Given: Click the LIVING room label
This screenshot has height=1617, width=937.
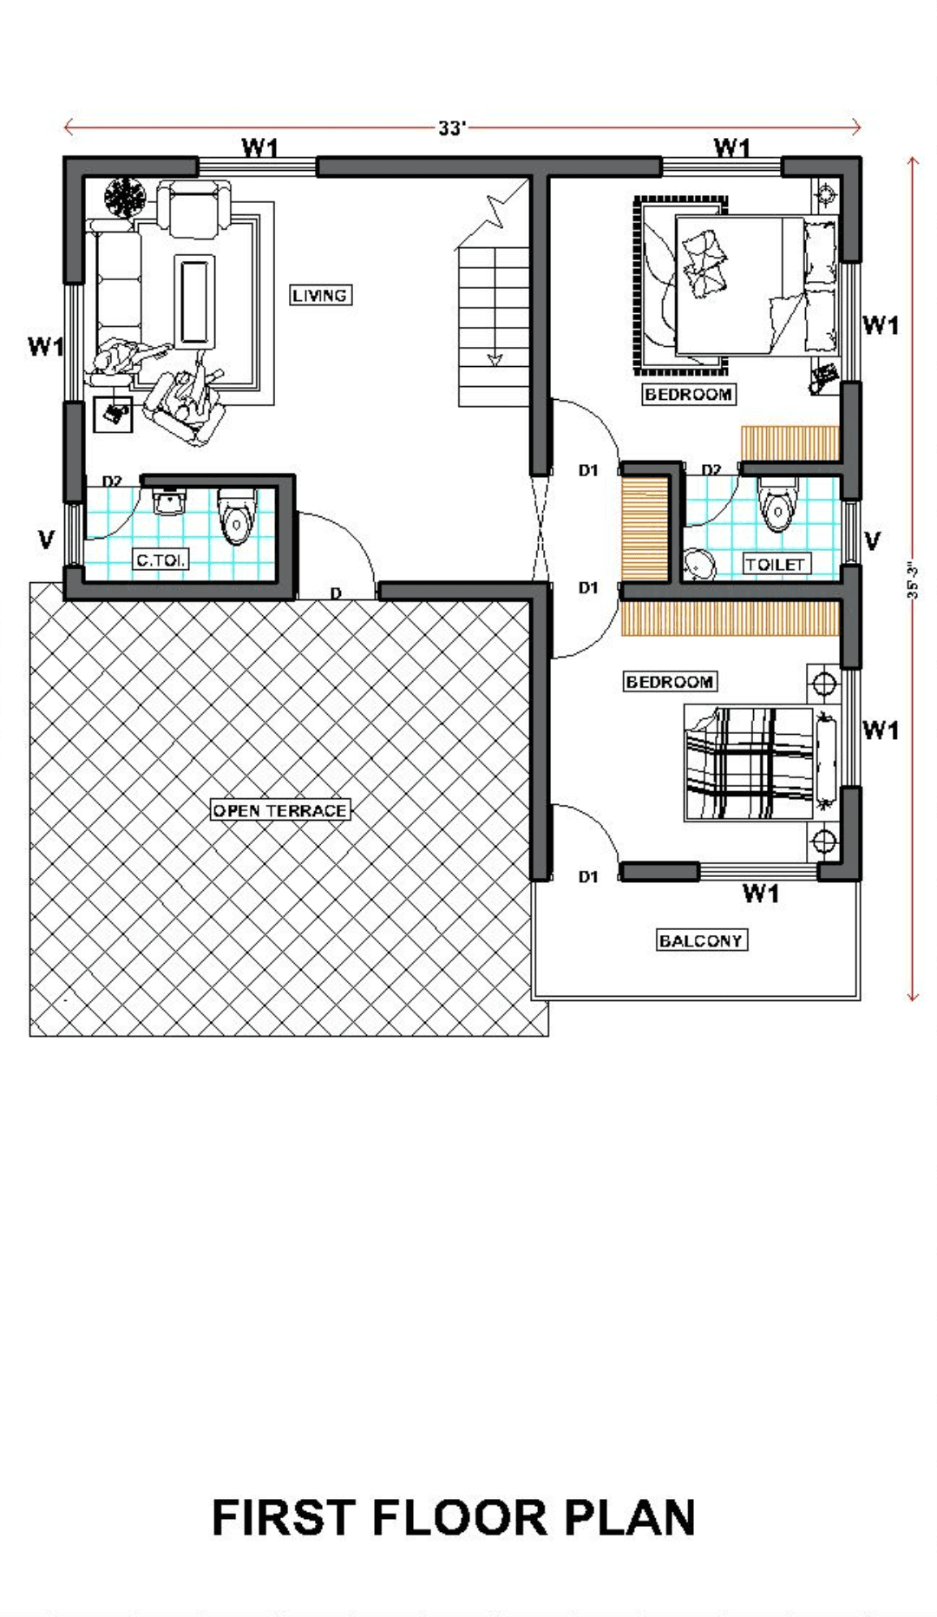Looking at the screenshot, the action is point(320,296).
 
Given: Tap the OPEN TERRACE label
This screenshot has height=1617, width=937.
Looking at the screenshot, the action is point(280,810).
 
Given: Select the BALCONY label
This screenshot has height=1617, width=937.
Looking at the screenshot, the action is point(701,940).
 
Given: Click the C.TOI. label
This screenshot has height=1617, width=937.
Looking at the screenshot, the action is point(161,560).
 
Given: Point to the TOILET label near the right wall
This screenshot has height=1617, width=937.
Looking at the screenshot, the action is point(776,564).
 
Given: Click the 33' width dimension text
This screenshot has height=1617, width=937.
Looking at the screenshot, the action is point(452,128).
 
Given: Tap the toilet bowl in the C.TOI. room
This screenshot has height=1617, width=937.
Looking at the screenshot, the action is point(235,516).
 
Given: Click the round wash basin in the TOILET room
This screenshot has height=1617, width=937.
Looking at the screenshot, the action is point(699,565).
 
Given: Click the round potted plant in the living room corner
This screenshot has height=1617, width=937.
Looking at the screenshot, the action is point(127,198).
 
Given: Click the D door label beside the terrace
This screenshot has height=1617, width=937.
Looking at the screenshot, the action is point(336,593).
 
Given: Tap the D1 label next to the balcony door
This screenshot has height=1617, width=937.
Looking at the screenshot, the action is point(588,877).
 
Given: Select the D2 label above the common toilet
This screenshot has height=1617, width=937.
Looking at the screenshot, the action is point(112,481).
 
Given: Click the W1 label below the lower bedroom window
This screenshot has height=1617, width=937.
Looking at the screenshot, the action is point(761,893).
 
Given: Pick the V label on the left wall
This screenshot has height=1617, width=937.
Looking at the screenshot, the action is point(46,540).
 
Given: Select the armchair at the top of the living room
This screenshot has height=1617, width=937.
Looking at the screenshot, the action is point(194,208).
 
